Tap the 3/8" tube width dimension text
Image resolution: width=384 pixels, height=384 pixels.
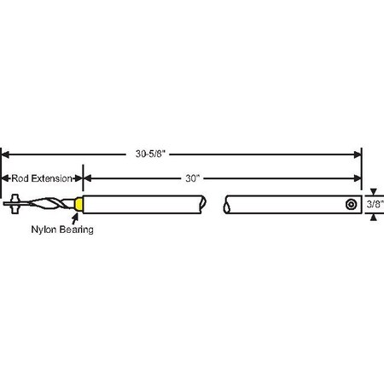point(374,205)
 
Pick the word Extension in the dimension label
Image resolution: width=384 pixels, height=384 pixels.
point(51,178)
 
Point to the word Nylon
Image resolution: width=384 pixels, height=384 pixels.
point(44,230)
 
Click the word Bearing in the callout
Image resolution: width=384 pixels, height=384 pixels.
point(77,230)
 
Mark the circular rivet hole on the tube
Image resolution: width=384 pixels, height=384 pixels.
point(352,205)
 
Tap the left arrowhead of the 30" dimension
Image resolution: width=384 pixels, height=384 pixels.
point(88,178)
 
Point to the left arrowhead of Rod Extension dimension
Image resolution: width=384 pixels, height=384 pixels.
point(4,178)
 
